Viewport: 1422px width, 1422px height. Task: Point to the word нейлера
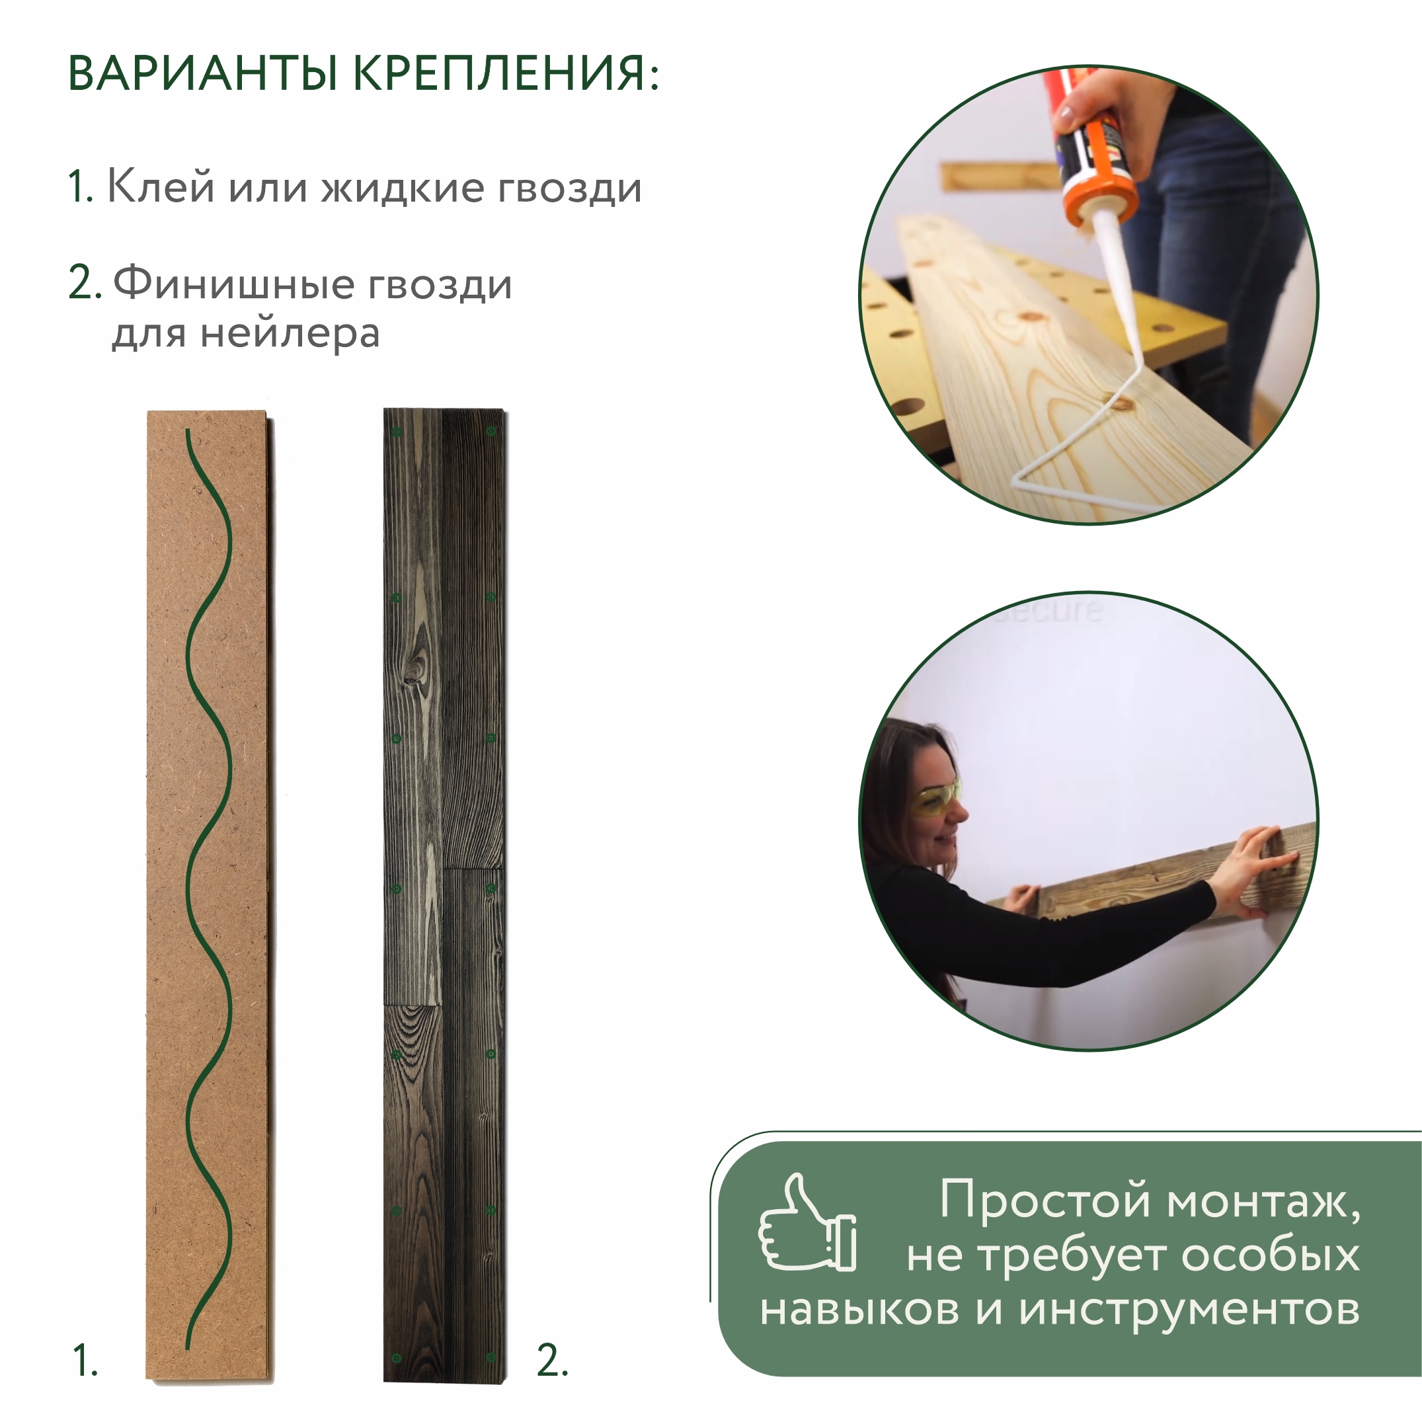[x=290, y=333]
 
